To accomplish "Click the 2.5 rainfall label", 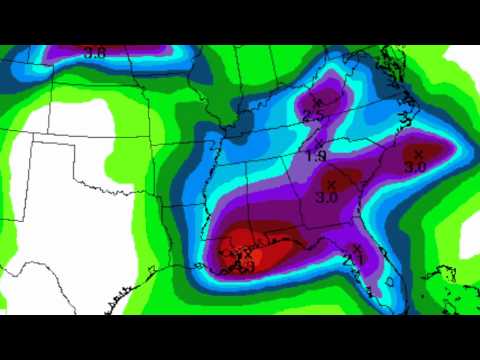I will (x=313, y=116).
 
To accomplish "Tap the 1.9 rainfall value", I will (x=316, y=156).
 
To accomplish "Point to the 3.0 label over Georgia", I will (x=327, y=198).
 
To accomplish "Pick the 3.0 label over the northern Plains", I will (x=95, y=52).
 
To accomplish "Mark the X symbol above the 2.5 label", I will (x=318, y=102).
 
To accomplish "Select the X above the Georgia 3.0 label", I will (x=331, y=185).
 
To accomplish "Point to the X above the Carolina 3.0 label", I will (x=418, y=153).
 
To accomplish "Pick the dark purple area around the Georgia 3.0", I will (x=335, y=180).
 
